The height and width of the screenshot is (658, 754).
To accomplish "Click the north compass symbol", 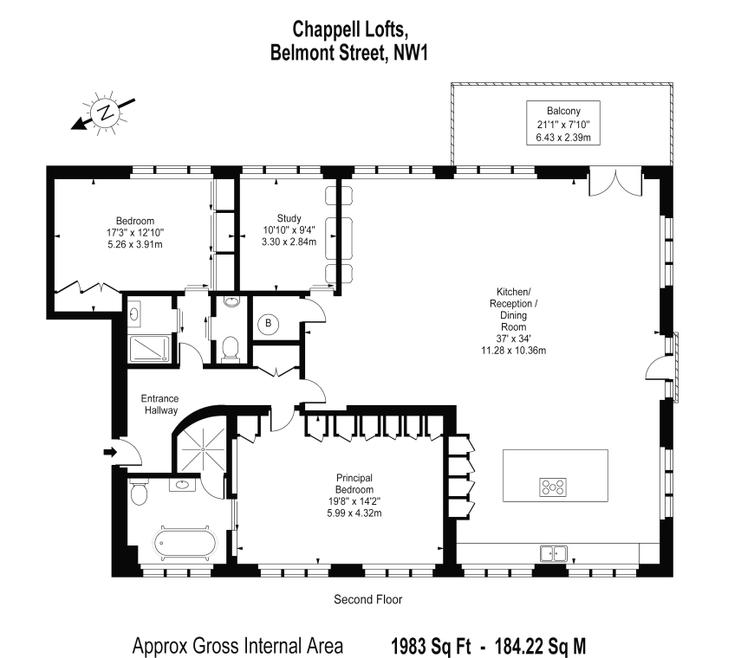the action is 104,113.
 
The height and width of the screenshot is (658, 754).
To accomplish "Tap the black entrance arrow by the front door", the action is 110,452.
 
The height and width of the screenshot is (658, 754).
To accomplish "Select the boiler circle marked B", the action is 269,323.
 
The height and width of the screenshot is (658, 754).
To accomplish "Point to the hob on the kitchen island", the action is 553,487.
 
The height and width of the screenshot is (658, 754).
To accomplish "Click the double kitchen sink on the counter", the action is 554,553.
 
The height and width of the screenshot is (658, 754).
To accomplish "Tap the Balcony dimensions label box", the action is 563,123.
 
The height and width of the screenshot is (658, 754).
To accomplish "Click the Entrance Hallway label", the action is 160,404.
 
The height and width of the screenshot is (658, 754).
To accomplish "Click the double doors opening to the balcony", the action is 615,181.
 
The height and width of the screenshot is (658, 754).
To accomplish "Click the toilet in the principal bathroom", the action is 139,492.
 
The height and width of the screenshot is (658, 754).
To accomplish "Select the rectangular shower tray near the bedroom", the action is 149,349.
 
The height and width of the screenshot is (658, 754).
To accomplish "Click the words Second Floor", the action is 367,599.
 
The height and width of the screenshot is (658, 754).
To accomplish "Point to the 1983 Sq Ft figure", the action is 431,646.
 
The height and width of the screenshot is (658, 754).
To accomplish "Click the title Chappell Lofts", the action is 350,29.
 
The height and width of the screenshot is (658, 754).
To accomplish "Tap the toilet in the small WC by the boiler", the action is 231,348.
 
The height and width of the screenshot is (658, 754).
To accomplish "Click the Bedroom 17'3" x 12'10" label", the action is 135,232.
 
